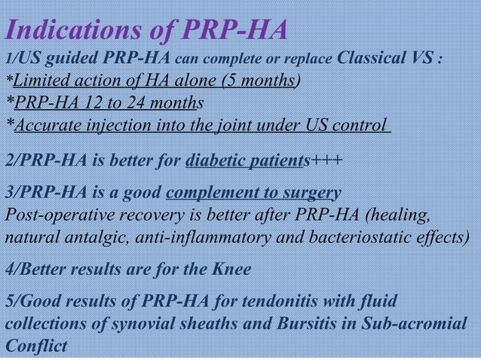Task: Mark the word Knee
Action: (232, 270)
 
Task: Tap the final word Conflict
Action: (35, 347)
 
